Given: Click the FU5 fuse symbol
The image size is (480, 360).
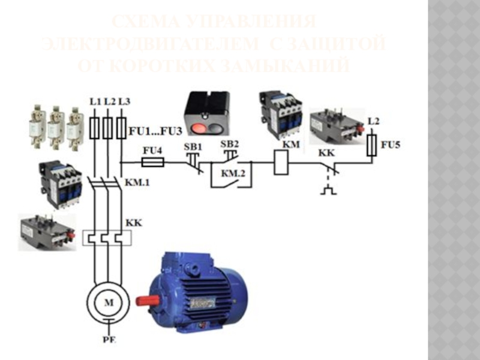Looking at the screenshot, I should tap(373, 145).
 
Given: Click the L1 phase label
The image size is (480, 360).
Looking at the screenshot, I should tap(94, 101).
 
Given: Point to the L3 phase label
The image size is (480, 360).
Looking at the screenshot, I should tap(124, 101).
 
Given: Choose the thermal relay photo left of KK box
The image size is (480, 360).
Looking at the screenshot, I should tap(47, 231).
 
